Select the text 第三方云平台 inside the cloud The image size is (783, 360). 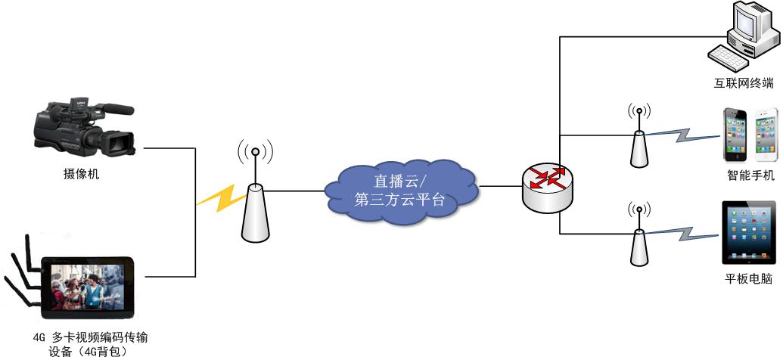(x=399, y=200)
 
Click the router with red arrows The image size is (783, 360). (x=547, y=186)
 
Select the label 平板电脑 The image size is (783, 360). (x=748, y=279)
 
